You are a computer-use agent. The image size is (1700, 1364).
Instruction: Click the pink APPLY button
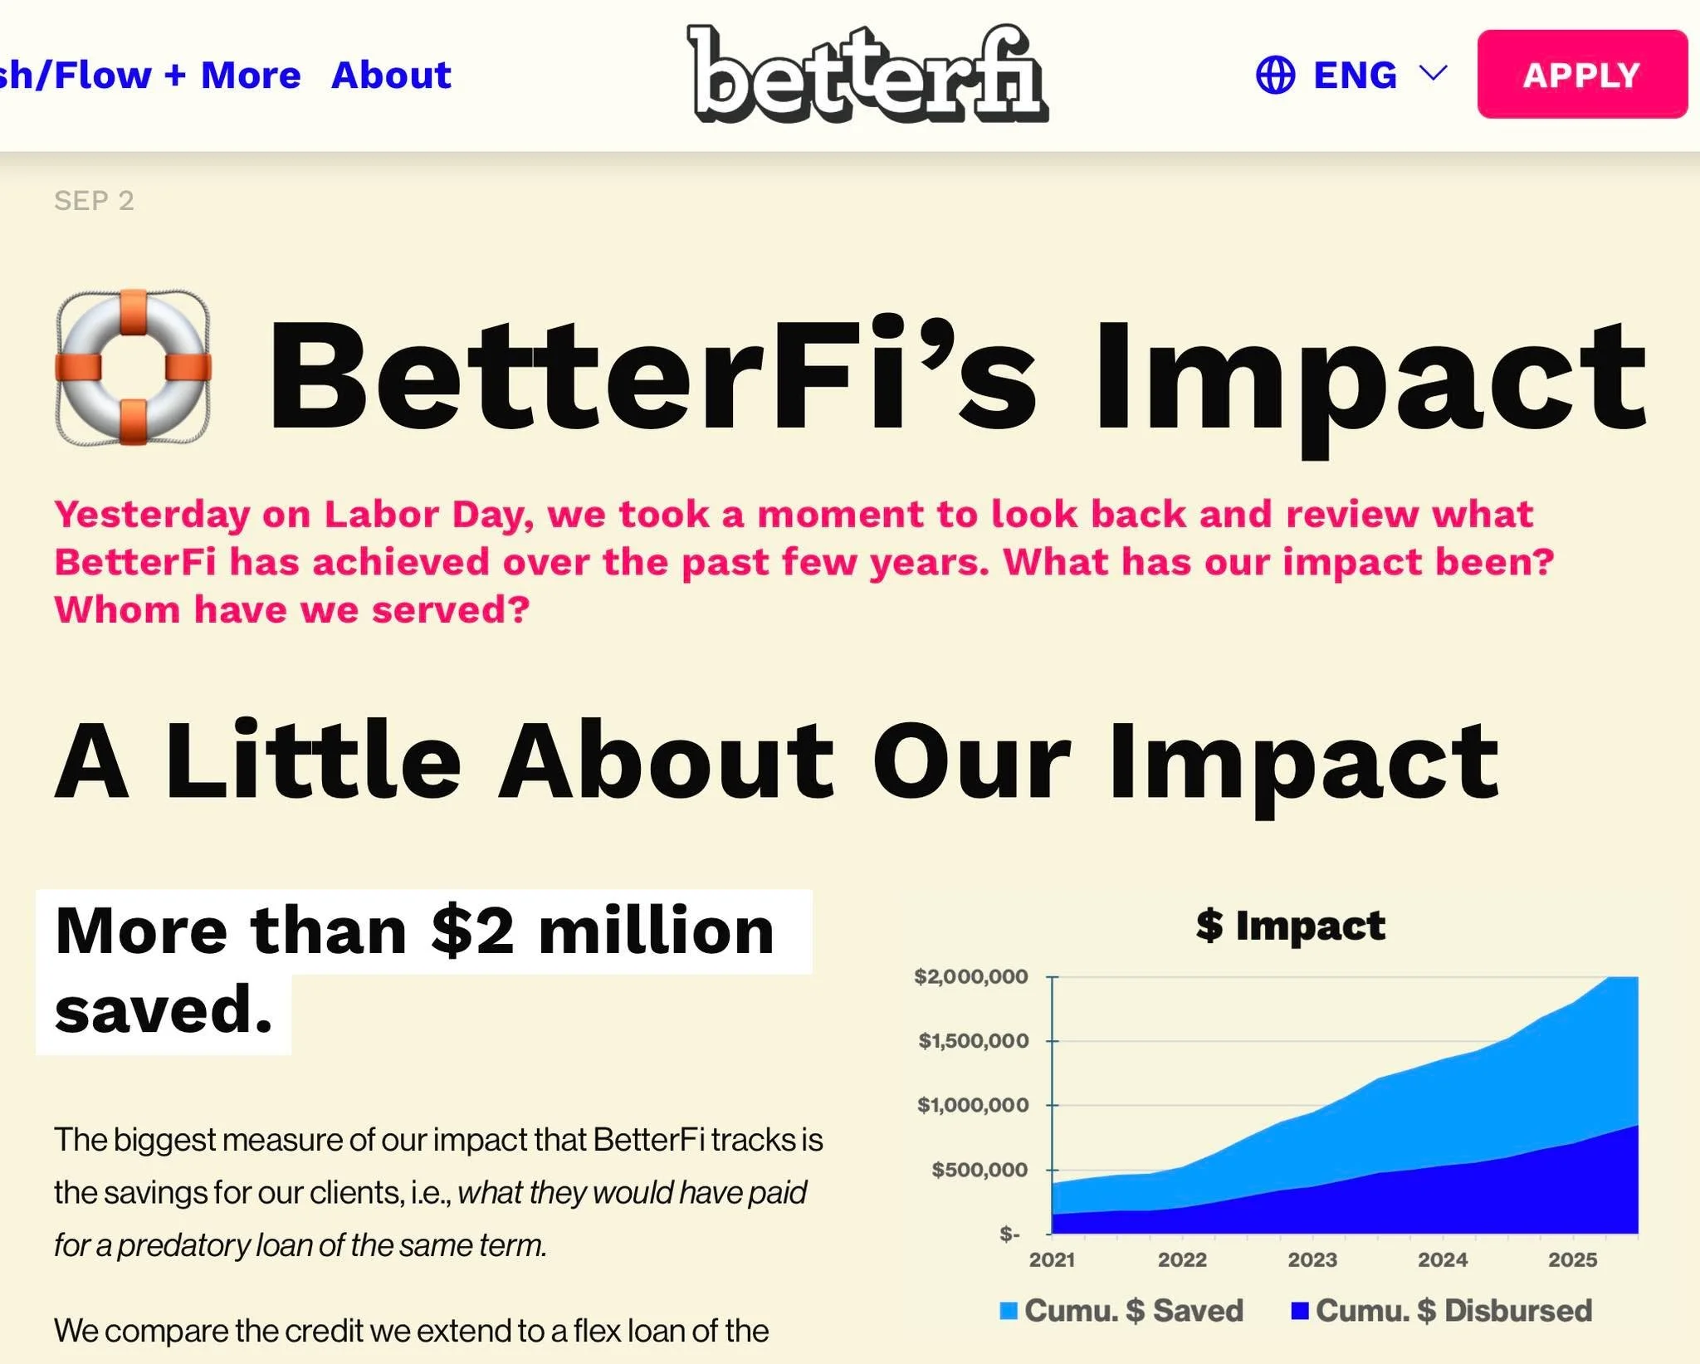(x=1581, y=75)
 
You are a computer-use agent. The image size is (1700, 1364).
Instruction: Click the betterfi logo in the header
(x=867, y=75)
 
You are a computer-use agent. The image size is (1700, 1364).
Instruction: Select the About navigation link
(x=391, y=75)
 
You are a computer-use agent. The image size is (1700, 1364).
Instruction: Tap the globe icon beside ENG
(x=1275, y=76)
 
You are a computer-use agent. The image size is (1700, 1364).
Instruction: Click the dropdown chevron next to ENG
(x=1434, y=73)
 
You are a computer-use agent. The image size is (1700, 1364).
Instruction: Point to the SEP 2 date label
(x=94, y=201)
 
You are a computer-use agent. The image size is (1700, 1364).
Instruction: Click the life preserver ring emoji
(x=133, y=367)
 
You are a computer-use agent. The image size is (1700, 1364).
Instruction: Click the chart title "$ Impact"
(x=1290, y=925)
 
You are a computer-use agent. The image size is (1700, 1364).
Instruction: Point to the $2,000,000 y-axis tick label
(x=970, y=976)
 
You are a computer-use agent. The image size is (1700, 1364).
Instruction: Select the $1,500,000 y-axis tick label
(x=973, y=1041)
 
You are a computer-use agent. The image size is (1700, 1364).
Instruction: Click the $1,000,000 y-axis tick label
(x=973, y=1105)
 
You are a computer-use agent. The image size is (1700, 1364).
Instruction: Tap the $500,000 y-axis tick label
(x=979, y=1170)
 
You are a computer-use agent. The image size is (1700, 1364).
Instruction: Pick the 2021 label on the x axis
(x=1052, y=1259)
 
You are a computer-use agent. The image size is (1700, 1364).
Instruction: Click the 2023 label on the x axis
(x=1312, y=1259)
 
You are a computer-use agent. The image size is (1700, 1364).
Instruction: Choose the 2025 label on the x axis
(x=1572, y=1259)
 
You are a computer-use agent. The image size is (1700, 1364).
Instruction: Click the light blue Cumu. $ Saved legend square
(x=1009, y=1311)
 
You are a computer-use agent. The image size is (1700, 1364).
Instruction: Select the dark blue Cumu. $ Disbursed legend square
(x=1300, y=1311)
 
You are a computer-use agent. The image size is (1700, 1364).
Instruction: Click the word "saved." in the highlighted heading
(x=164, y=1010)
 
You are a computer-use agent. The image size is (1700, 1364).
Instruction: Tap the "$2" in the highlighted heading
(x=472, y=931)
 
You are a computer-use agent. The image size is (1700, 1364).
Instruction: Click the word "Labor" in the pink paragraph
(x=381, y=515)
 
